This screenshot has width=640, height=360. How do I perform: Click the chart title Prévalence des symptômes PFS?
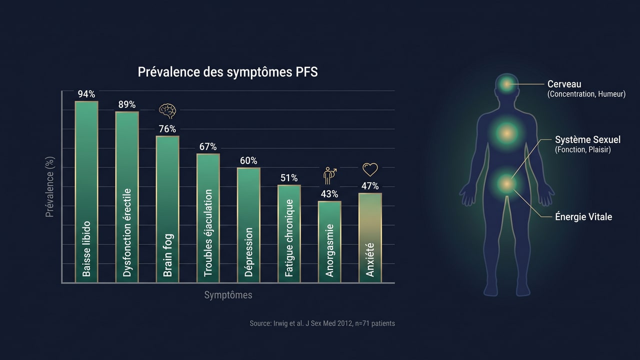click(x=227, y=72)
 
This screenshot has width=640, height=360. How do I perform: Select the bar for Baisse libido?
click(x=86, y=192)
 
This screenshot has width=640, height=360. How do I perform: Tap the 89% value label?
click(x=127, y=104)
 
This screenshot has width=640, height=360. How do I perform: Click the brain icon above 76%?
click(x=167, y=110)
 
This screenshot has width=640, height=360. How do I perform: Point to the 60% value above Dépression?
click(x=248, y=160)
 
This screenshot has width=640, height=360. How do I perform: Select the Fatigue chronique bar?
click(x=289, y=233)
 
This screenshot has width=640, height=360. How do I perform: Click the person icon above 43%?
click(x=329, y=176)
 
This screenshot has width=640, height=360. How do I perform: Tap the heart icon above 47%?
click(x=370, y=170)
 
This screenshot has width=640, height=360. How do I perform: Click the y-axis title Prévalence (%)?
click(x=50, y=186)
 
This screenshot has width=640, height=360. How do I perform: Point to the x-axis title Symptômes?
click(x=228, y=295)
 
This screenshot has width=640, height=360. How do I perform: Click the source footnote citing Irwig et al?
click(x=322, y=323)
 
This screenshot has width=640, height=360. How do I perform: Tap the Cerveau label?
click(x=564, y=84)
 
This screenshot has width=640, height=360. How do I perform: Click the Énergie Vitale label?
click(x=583, y=217)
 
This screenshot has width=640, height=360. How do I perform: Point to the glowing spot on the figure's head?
click(x=507, y=84)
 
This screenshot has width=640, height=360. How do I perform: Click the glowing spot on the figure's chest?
click(x=506, y=133)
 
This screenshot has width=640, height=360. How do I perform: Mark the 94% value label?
click(x=86, y=94)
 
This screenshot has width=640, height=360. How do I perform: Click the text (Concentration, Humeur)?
click(x=586, y=94)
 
